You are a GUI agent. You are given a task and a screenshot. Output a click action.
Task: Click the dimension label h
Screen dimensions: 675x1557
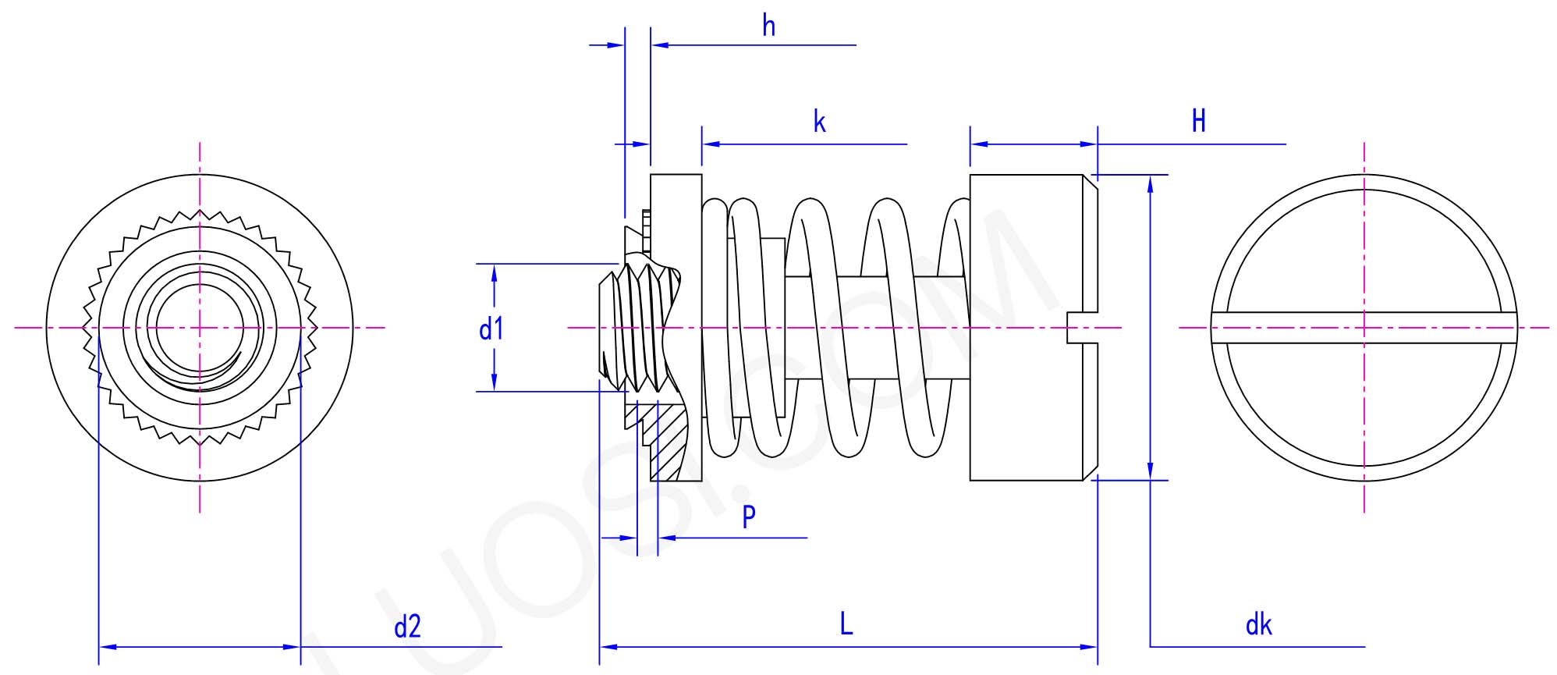768,27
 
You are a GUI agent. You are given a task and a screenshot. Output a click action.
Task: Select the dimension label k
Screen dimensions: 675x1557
819,123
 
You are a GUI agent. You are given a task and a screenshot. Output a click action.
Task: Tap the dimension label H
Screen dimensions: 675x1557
1198,122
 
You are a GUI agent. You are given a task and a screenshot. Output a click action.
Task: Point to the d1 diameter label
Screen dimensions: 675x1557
491,330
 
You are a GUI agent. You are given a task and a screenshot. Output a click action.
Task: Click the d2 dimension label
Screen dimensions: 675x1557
407,627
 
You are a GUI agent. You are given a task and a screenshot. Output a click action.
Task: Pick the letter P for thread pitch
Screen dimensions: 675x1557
749,517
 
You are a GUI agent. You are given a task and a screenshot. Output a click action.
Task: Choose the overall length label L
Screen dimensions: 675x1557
846,624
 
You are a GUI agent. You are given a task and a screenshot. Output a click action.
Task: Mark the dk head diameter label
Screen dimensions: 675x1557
1258,625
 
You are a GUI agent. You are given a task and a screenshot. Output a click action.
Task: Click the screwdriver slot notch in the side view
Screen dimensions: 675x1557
1080,328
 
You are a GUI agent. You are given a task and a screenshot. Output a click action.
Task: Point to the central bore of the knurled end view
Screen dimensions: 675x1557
200,328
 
